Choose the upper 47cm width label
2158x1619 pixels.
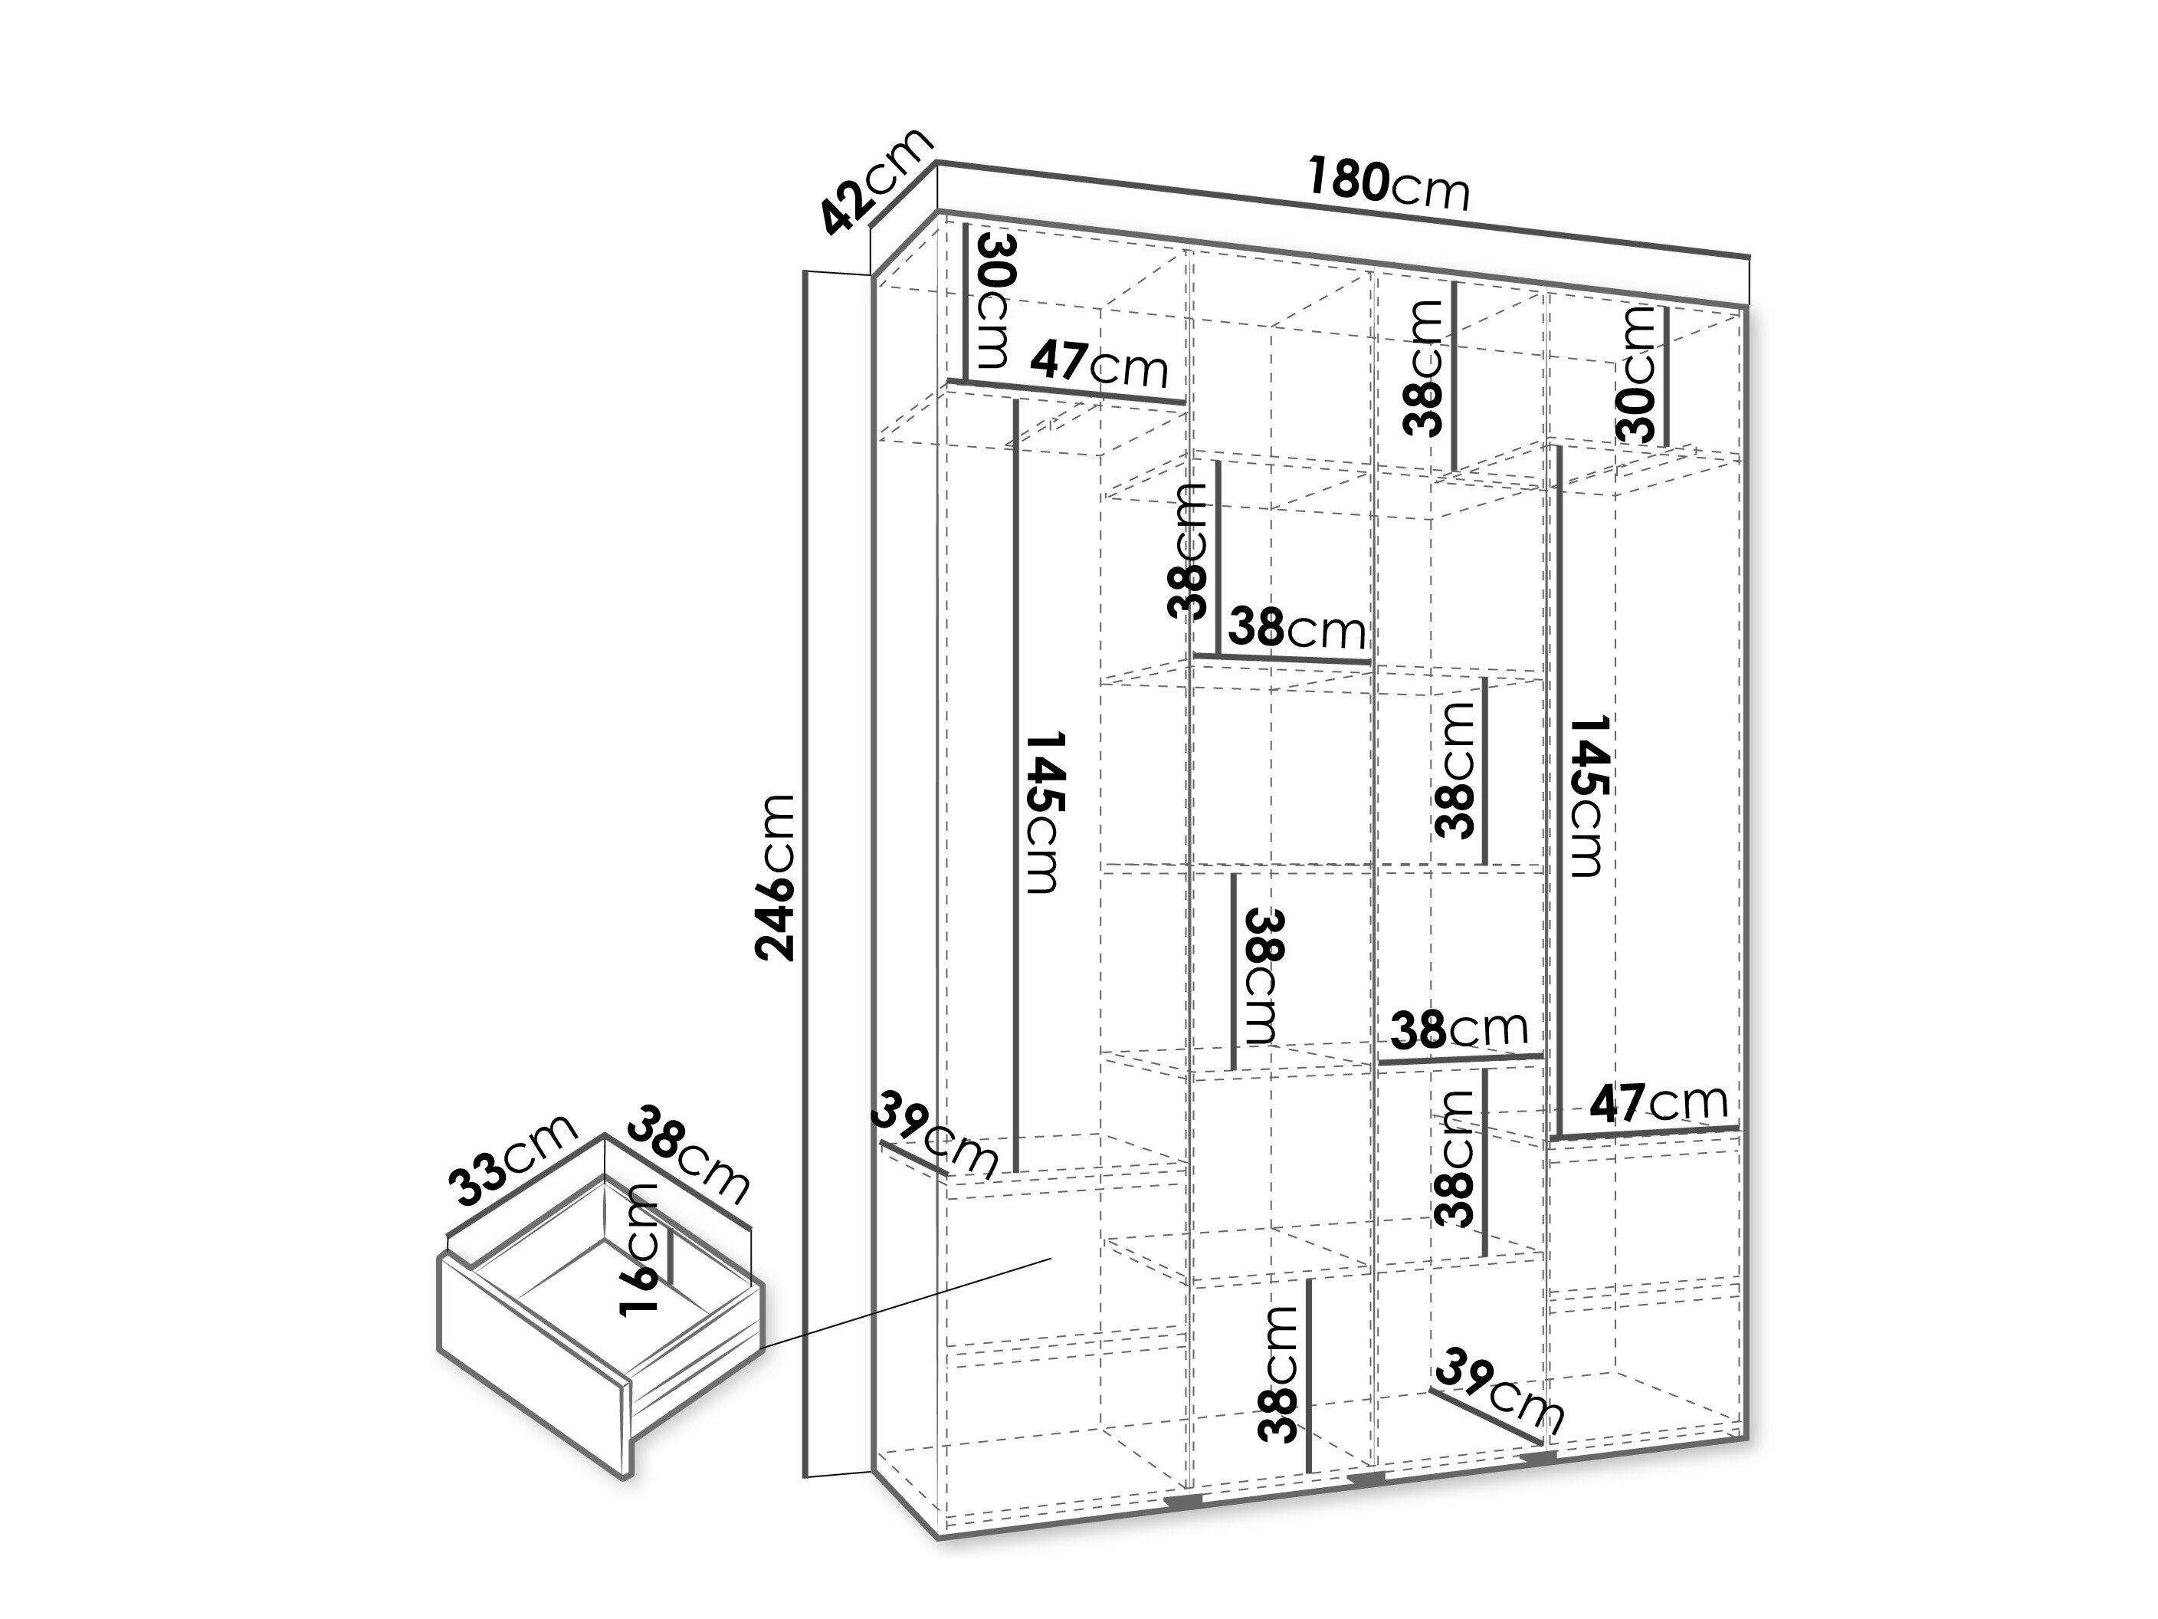[1100, 364]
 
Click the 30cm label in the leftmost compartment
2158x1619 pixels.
[993, 300]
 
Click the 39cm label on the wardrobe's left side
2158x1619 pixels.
[936, 1135]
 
